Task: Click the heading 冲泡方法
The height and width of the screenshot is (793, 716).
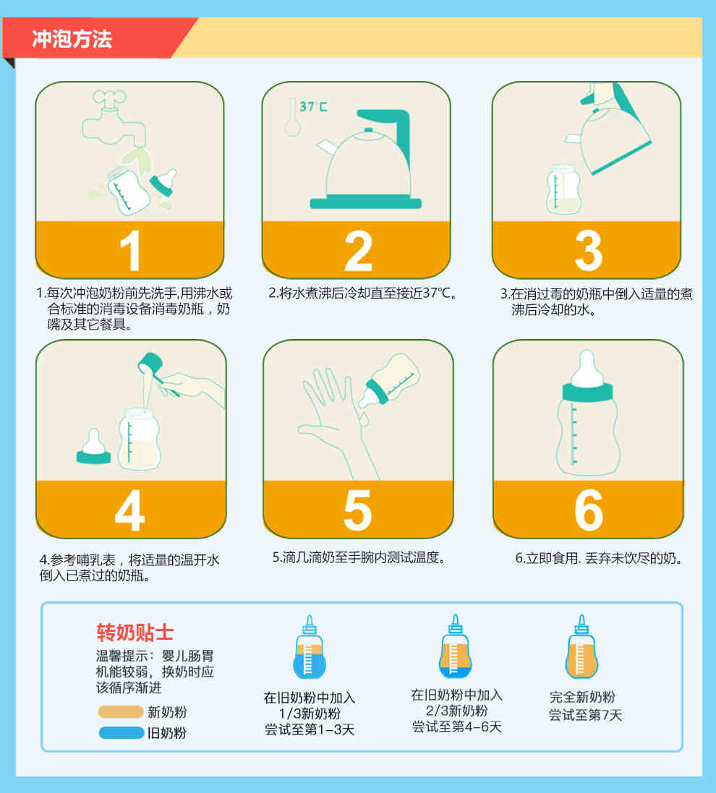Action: [72, 39]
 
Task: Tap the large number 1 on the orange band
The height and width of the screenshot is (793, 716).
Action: [131, 251]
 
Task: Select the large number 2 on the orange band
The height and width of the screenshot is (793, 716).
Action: [358, 251]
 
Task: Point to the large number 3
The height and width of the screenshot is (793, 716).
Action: [589, 251]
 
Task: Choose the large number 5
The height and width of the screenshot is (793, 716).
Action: [358, 510]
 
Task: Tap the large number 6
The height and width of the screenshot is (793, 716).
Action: [589, 510]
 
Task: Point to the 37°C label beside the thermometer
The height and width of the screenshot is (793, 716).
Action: [313, 107]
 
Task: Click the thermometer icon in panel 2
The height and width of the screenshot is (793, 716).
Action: [292, 117]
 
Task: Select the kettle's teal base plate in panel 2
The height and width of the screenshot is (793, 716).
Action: [365, 203]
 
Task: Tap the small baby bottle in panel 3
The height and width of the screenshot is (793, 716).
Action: [563, 189]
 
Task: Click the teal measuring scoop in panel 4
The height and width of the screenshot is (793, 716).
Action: [154, 369]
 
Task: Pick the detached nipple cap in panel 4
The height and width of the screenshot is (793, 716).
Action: [93, 447]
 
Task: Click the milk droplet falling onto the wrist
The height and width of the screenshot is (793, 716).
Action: [363, 419]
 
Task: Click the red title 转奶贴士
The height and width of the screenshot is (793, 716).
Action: [135, 633]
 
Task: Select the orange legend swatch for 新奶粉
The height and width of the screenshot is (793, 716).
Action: [121, 712]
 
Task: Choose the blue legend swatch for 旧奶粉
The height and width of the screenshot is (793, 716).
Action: [122, 732]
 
